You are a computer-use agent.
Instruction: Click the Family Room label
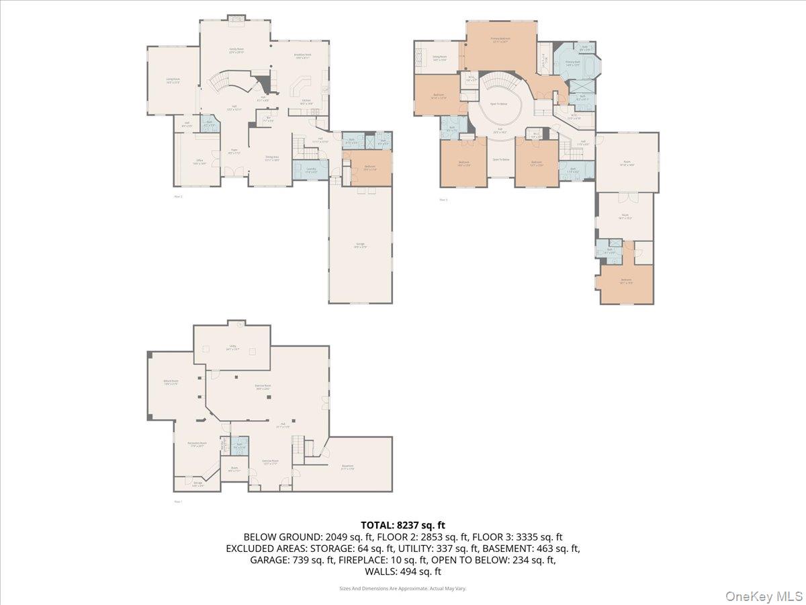point(236,50)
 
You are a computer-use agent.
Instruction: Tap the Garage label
point(361,245)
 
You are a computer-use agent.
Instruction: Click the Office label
point(199,162)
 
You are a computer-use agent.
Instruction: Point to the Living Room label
point(173,80)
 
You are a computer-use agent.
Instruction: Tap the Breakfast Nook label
point(302,56)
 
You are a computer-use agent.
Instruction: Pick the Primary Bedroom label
point(500,40)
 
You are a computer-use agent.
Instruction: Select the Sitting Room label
point(440,58)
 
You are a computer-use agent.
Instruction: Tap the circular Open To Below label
point(498,104)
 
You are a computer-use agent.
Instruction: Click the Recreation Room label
point(197,444)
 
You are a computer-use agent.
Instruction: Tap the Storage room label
point(197,483)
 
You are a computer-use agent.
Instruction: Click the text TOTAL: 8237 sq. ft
point(403,525)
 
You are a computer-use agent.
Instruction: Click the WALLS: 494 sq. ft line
point(403,571)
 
